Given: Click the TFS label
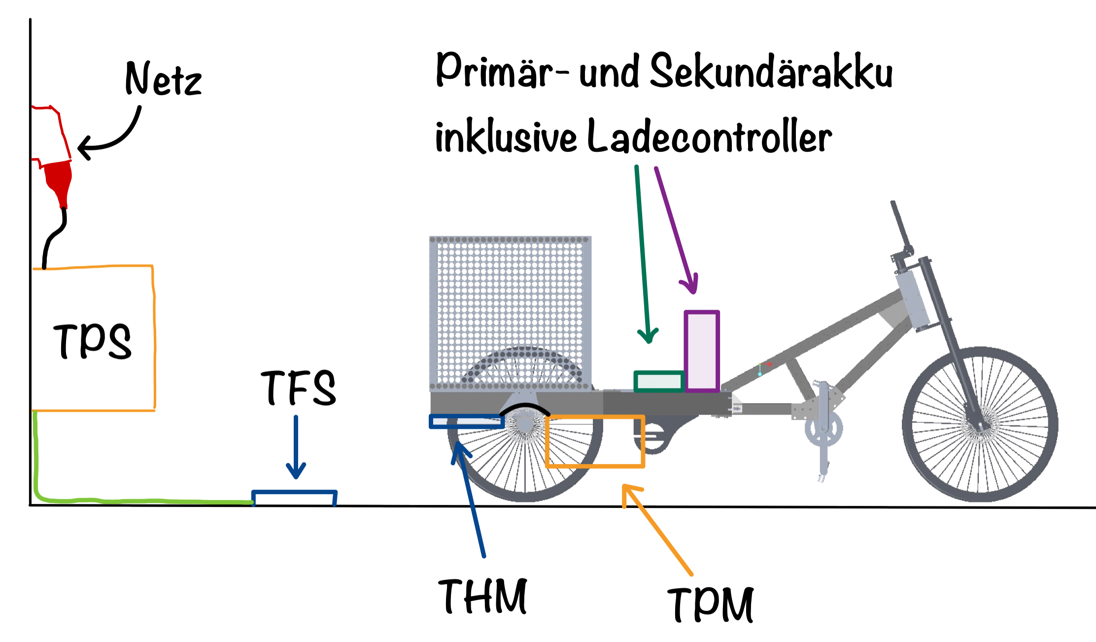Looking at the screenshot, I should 299,389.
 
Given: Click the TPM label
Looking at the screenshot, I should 713,604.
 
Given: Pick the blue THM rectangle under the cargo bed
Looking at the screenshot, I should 466,422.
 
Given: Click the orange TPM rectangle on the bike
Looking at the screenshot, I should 595,441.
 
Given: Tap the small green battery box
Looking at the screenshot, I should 659,381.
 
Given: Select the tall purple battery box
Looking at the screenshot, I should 702,351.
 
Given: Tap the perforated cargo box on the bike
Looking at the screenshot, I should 511,314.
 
